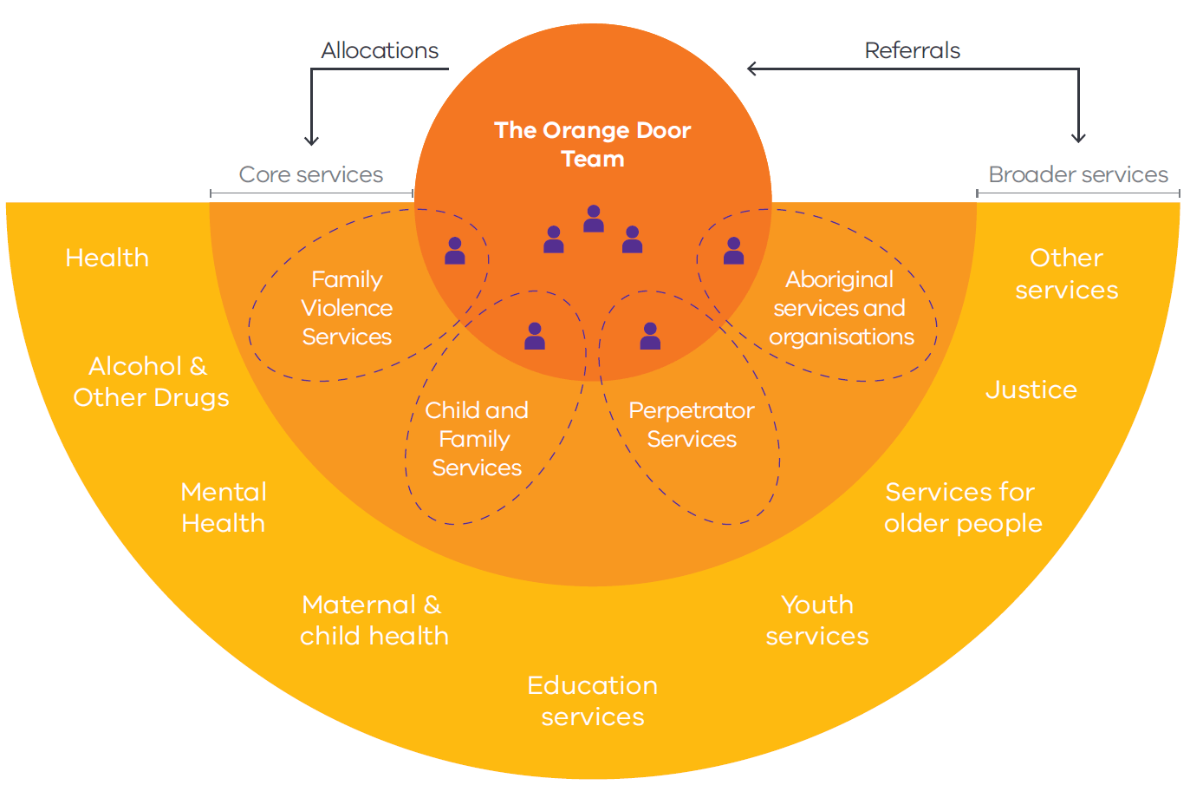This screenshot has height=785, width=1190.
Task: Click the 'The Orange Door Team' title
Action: [593, 144]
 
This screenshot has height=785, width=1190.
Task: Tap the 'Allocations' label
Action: [380, 50]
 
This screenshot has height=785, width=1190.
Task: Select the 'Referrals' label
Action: [912, 50]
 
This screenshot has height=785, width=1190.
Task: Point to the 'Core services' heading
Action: [310, 174]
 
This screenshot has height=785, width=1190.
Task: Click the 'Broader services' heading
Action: [1078, 174]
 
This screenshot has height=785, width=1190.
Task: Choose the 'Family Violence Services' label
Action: [347, 308]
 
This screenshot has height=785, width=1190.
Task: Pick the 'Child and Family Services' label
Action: [477, 439]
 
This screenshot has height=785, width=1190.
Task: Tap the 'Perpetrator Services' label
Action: [692, 424]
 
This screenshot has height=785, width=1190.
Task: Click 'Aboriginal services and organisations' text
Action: [840, 308]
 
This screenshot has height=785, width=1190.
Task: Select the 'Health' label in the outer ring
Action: [107, 258]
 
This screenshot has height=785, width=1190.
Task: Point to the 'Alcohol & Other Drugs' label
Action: [151, 382]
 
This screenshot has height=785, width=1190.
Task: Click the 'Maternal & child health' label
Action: [374, 620]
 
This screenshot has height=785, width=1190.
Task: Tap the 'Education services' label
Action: [593, 701]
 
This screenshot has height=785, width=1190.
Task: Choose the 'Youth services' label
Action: [817, 620]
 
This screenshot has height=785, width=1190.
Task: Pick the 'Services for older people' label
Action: [962, 507]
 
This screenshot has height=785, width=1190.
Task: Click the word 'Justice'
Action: [1031, 389]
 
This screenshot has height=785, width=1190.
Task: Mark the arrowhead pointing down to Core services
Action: [311, 141]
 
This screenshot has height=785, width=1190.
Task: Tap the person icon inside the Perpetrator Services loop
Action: [650, 336]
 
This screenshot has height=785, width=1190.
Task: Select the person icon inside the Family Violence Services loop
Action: [455, 251]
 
